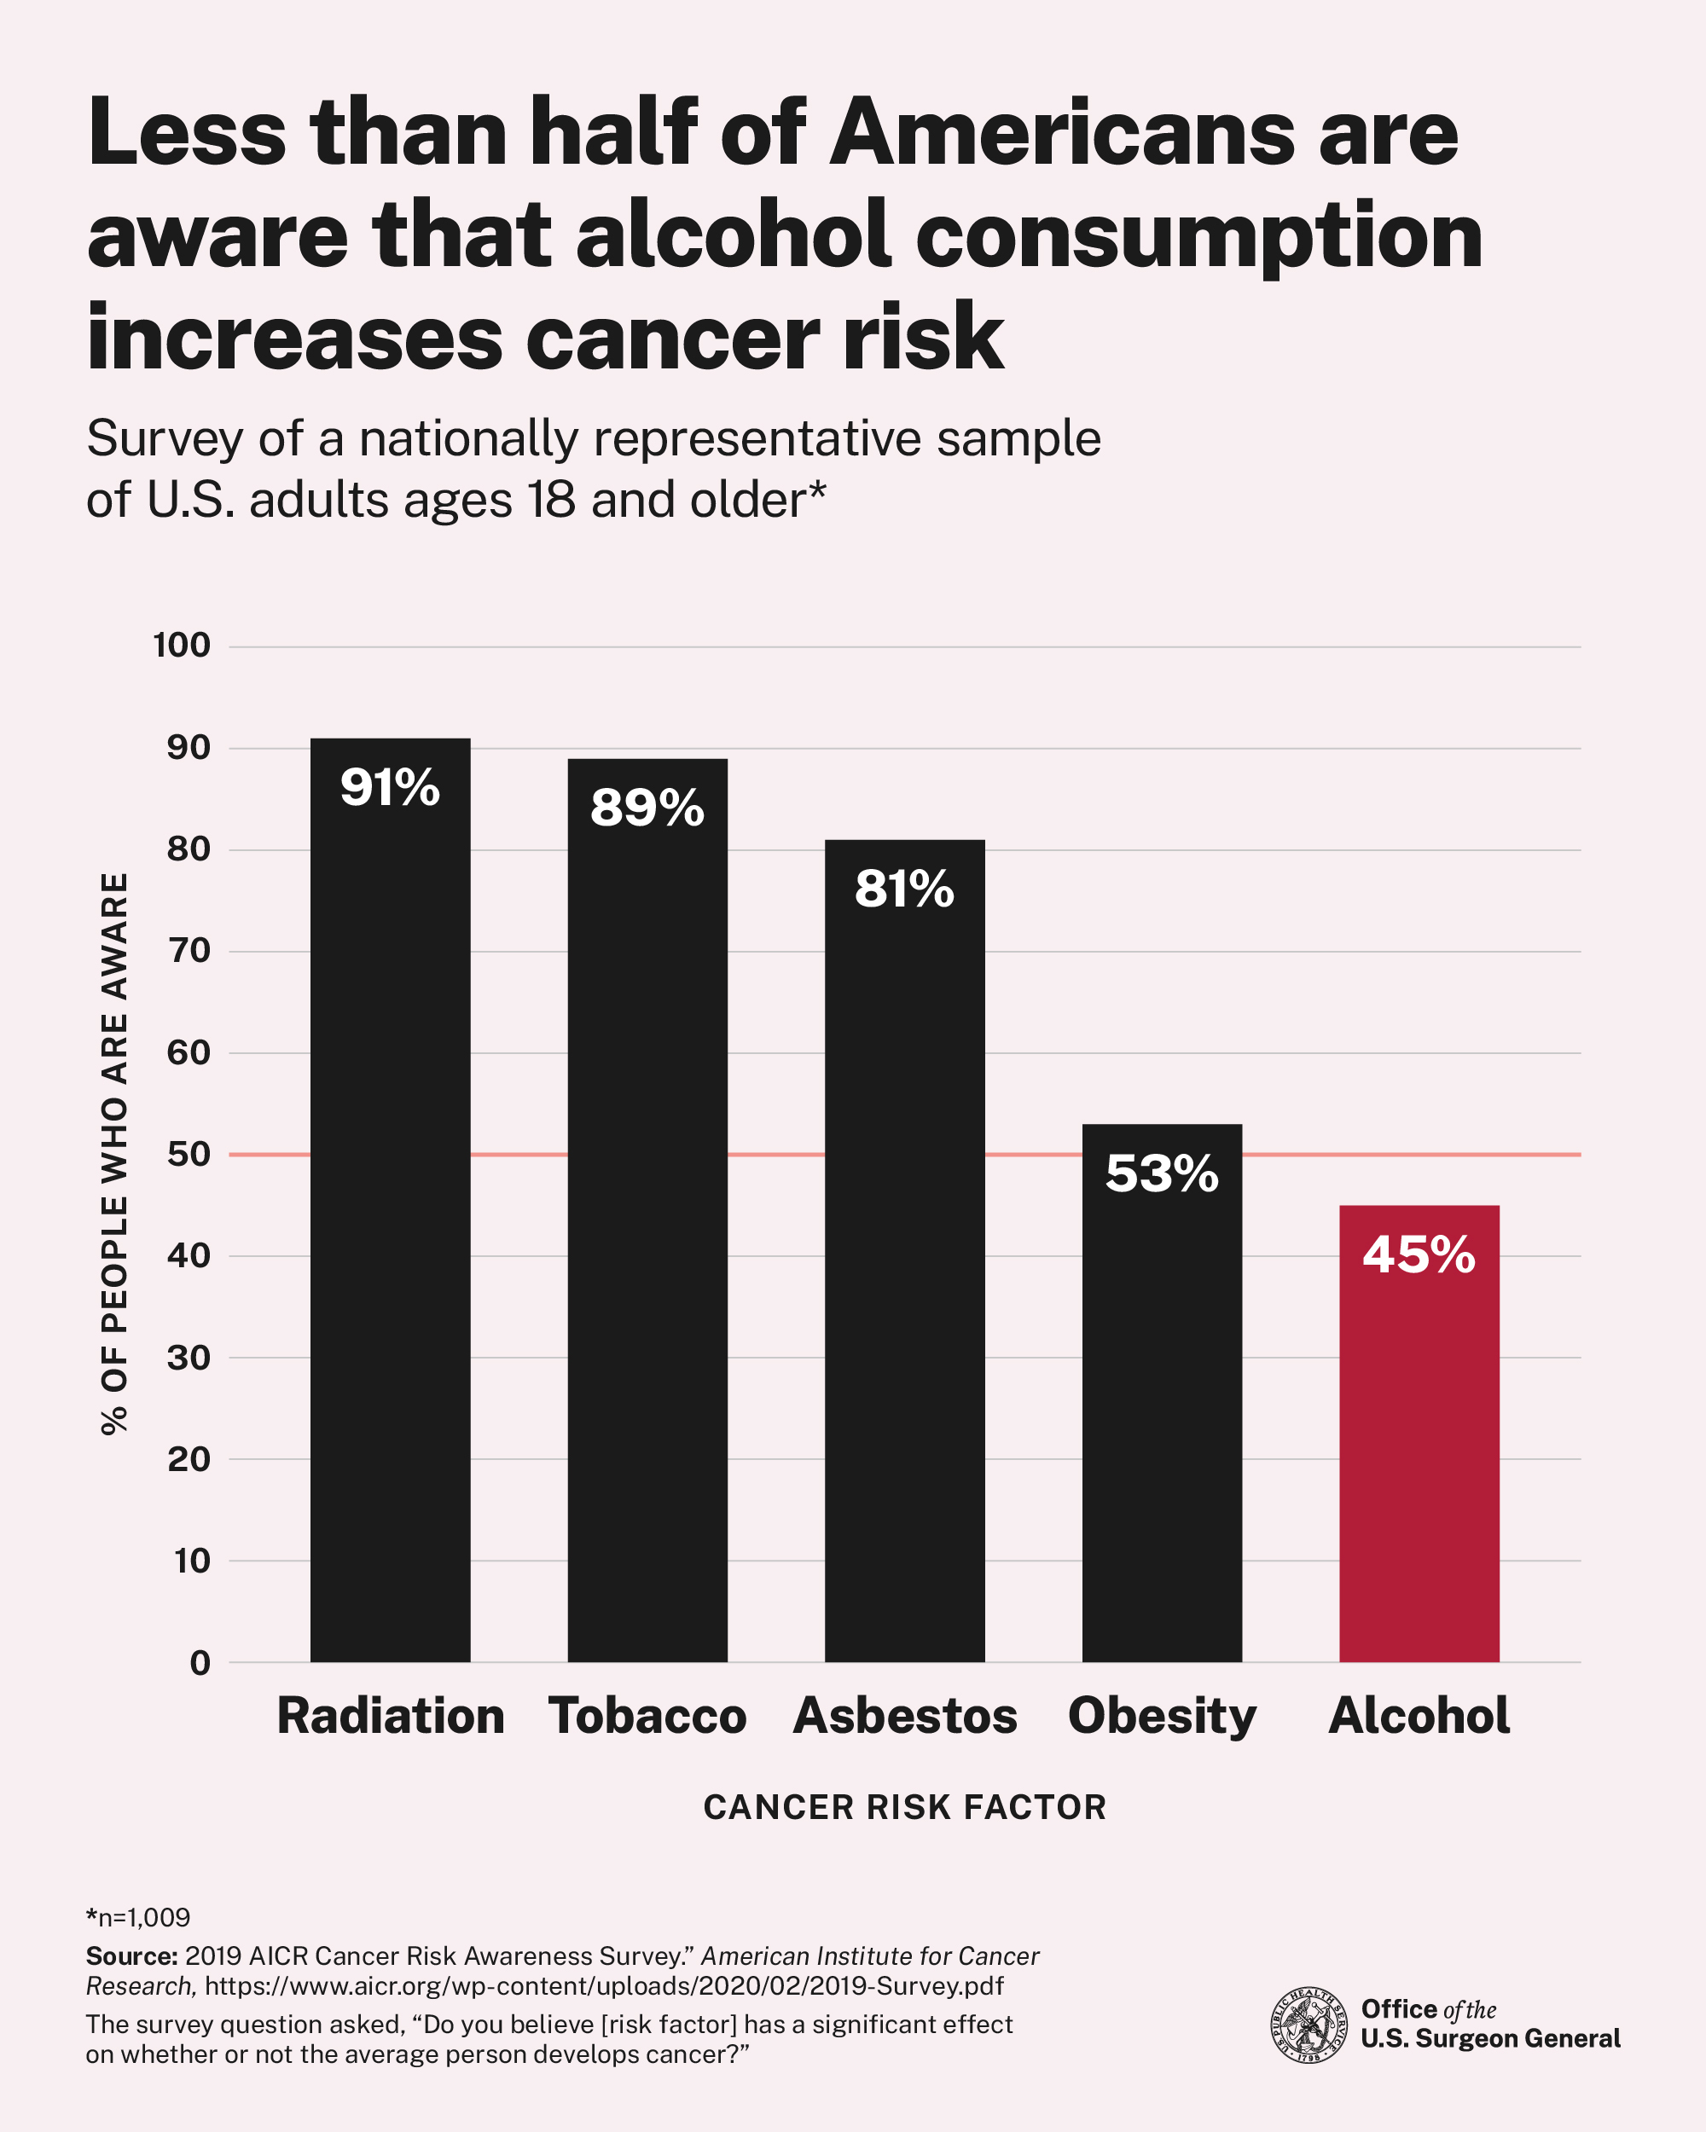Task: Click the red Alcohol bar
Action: tap(1419, 1463)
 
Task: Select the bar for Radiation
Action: tap(390, 1236)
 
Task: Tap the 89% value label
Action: tap(647, 808)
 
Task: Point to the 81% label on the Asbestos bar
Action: tap(904, 888)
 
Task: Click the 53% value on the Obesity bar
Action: tap(1161, 1173)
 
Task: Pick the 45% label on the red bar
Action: tap(1419, 1254)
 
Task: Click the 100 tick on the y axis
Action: tap(181, 646)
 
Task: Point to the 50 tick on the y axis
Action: tap(188, 1154)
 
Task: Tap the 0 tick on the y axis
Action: tap(200, 1662)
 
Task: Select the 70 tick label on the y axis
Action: tap(188, 950)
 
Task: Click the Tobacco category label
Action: tap(647, 1716)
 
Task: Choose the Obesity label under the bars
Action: tap(1161, 1716)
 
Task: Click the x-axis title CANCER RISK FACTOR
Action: tap(904, 1807)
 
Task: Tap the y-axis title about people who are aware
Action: tap(114, 1152)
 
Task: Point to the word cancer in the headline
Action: tap(672, 336)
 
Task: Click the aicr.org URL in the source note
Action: tap(603, 1985)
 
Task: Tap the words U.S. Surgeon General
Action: tap(1489, 2038)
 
